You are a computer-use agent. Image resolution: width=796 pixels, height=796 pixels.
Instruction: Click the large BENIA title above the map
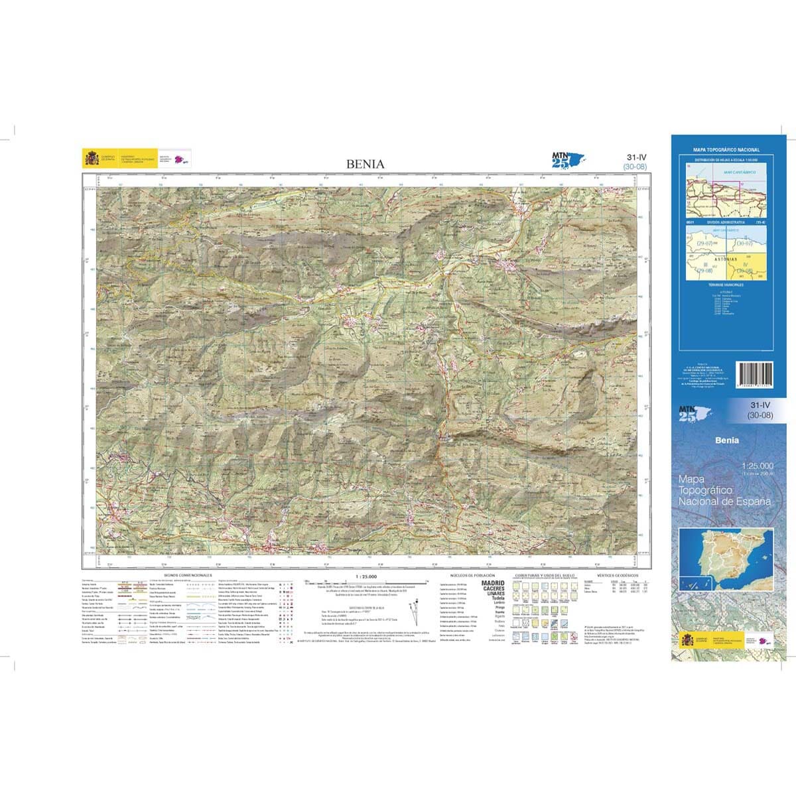(364, 164)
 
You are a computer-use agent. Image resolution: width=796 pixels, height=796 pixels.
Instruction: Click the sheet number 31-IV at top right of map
(635, 157)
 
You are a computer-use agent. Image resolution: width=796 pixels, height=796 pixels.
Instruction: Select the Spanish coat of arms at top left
(91, 159)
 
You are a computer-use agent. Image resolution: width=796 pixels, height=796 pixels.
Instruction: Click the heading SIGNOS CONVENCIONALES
(188, 575)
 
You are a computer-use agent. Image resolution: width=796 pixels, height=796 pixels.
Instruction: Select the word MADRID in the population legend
(492, 583)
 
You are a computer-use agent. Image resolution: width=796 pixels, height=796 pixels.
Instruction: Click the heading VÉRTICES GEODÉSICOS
(618, 575)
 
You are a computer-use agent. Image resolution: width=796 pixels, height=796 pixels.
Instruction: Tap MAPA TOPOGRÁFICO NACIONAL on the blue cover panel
(726, 151)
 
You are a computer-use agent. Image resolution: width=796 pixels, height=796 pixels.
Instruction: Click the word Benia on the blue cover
(726, 440)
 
